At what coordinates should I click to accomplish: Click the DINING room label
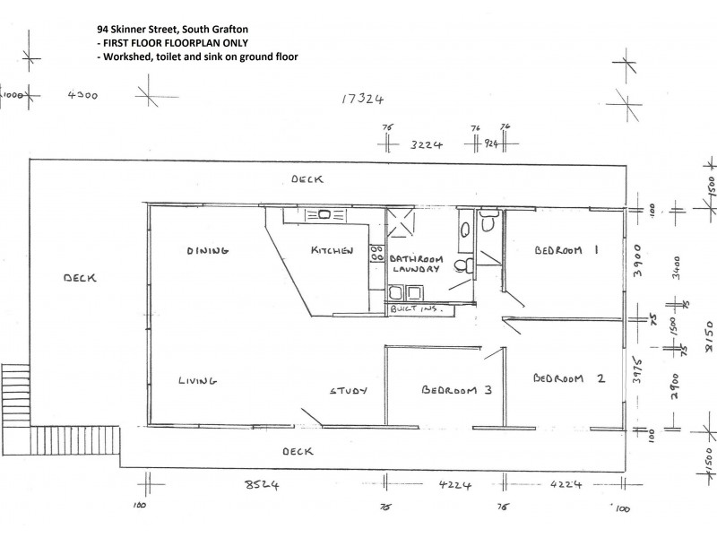point(208,250)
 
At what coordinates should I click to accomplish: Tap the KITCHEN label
point(332,251)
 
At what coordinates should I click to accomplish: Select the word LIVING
point(197,380)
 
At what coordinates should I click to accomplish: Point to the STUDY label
point(349,391)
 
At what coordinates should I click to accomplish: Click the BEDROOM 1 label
point(566,251)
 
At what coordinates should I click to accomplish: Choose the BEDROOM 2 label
point(568,378)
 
